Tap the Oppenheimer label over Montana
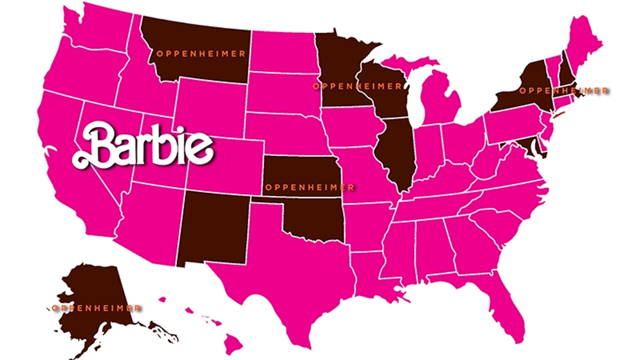pyautogui.click(x=201, y=54)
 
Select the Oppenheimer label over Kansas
pyautogui.click(x=309, y=187)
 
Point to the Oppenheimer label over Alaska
pyautogui.click(x=96, y=308)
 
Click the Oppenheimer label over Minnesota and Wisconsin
pyautogui.click(x=357, y=86)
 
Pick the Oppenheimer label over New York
pyautogui.click(x=563, y=91)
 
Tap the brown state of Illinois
pyautogui.click(x=397, y=153)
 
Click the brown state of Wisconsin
pyautogui.click(x=387, y=90)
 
